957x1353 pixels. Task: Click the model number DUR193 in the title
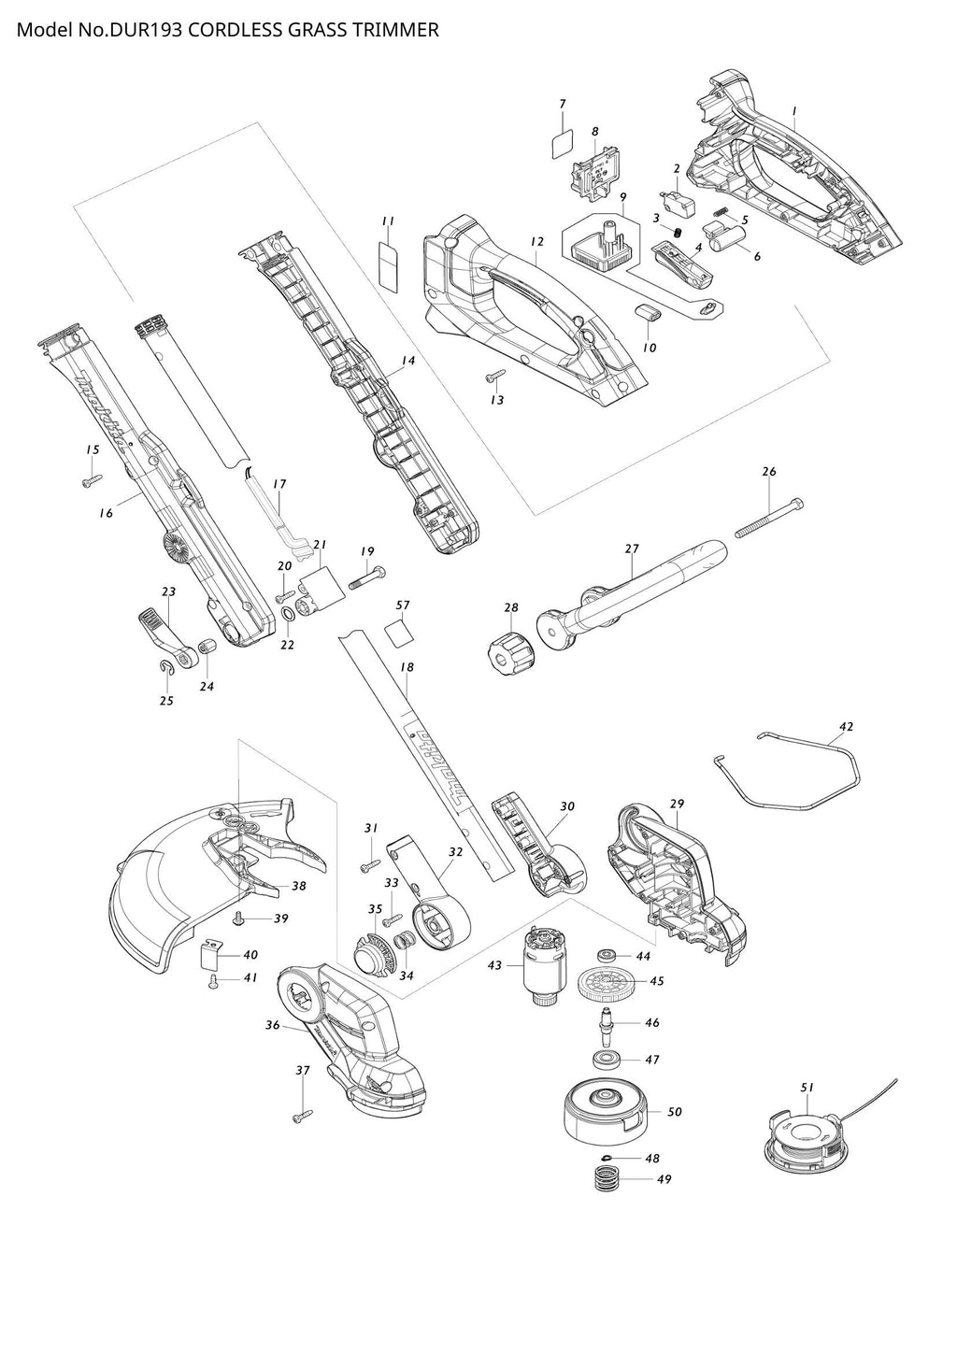(148, 30)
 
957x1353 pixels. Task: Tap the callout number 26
(769, 472)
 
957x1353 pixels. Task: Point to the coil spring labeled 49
(609, 1179)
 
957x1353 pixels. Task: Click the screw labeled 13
(493, 378)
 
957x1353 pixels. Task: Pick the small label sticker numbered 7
(561, 142)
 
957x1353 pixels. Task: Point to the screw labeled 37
(303, 1115)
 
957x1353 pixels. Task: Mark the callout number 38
(299, 886)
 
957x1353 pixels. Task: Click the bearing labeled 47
(609, 1061)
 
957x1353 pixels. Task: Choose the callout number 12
(536, 242)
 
